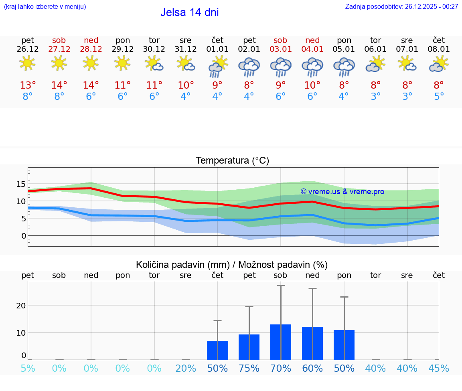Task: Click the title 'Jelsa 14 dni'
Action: coord(189,12)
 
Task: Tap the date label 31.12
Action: coord(186,49)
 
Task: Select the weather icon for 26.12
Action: coord(27,63)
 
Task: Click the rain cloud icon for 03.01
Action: coord(280,66)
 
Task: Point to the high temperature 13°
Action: coord(28,85)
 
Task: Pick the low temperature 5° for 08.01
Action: coord(439,97)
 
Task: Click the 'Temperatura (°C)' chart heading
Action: coord(232,161)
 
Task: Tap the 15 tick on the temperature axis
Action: coord(21,184)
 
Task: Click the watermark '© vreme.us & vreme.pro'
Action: coord(342,192)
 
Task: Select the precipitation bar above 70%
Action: coord(281,342)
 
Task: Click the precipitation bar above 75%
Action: coord(249,347)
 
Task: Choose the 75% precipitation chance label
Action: coord(249,369)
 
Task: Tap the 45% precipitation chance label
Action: coord(439,369)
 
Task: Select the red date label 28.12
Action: coord(91,49)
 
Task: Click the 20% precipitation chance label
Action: coord(186,369)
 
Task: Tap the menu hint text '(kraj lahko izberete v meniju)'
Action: coord(45,7)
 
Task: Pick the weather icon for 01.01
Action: coord(217,66)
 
